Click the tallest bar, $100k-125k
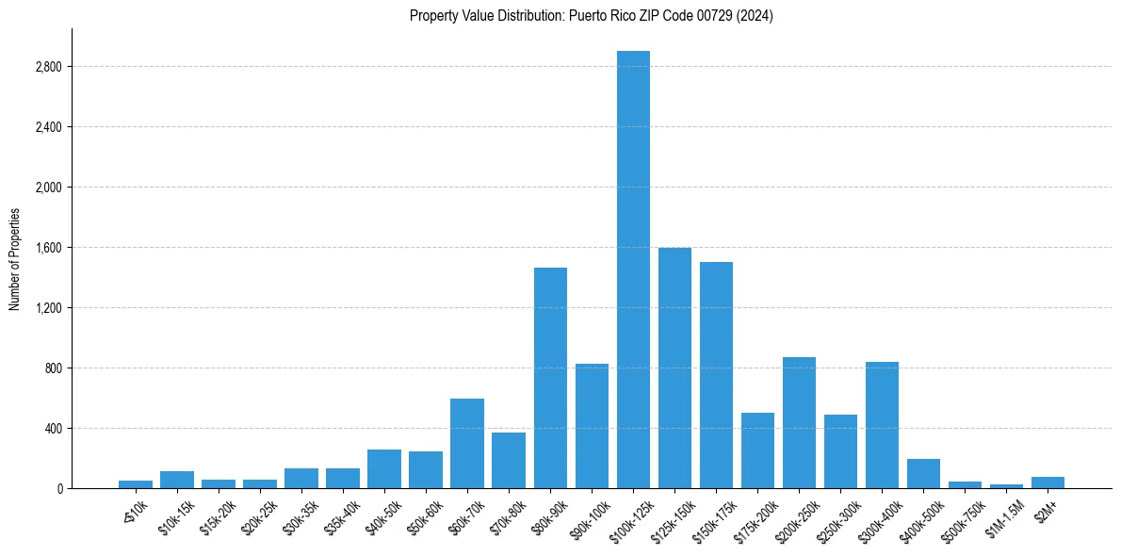tap(633, 270)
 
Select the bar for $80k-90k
tap(550, 378)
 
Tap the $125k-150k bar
tap(674, 368)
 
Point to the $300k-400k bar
tap(882, 425)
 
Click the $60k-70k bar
tap(467, 443)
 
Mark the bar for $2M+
tap(1048, 482)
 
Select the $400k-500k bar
tap(923, 473)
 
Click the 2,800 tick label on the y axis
tap(48, 67)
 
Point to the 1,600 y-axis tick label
tap(48, 248)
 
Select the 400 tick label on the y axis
tap(53, 429)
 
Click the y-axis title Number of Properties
tap(15, 258)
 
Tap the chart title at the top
tap(591, 16)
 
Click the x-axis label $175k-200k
tap(754, 515)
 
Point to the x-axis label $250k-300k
tap(837, 515)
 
